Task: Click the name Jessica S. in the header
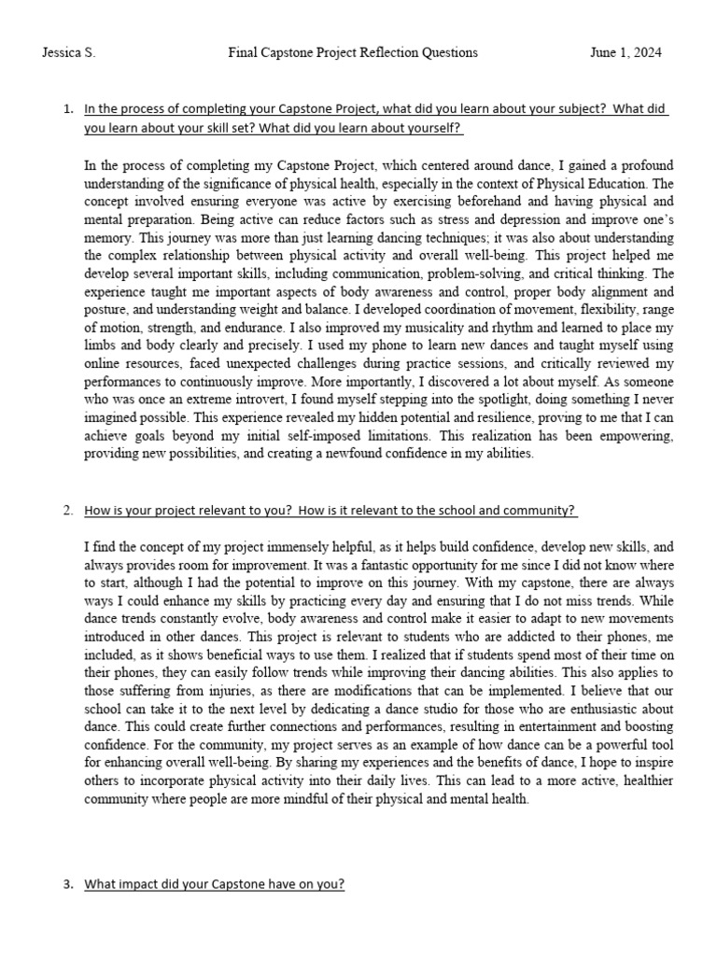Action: click(69, 53)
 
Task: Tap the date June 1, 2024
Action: click(626, 53)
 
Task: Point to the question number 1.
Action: click(67, 109)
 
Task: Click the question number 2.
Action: click(67, 511)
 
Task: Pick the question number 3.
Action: click(67, 884)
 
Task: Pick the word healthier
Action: click(629, 780)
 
